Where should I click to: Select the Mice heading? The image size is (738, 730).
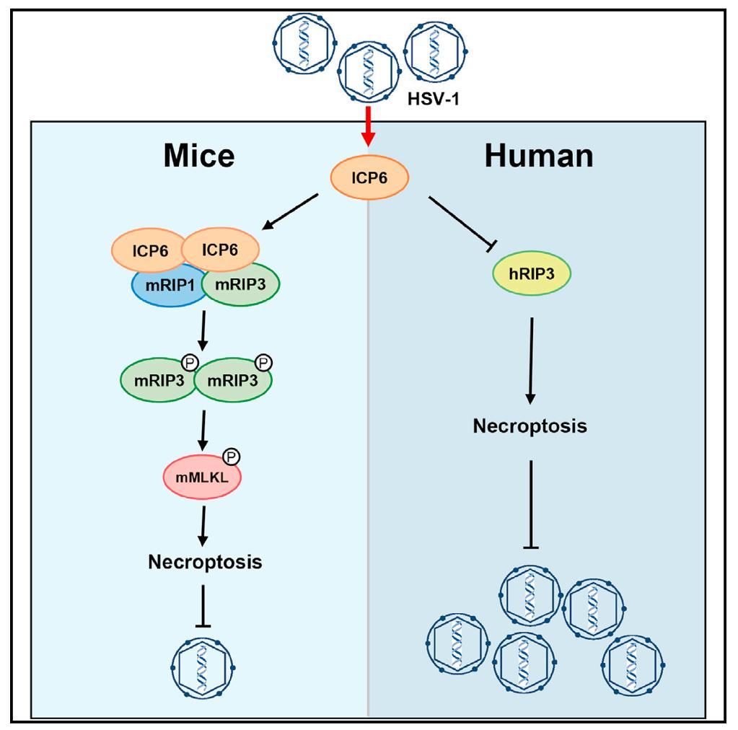click(x=198, y=154)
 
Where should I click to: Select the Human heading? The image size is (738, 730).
click(x=539, y=154)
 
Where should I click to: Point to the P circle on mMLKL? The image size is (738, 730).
click(x=232, y=457)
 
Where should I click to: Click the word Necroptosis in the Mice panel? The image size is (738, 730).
click(x=205, y=562)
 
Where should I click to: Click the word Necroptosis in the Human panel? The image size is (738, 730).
click(x=530, y=426)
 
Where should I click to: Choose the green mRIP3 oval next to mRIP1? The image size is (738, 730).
click(x=241, y=284)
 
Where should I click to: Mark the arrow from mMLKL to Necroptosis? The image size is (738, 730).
click(x=205, y=525)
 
